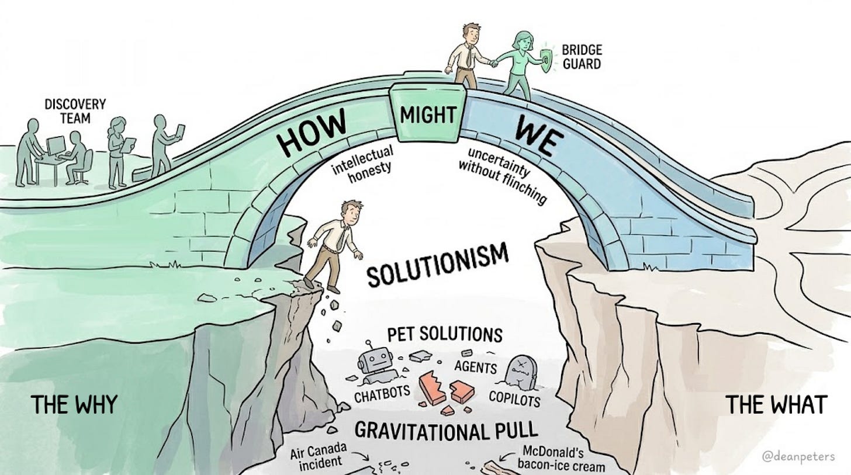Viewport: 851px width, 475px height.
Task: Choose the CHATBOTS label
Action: coord(383,395)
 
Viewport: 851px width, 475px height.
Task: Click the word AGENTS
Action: coord(475,367)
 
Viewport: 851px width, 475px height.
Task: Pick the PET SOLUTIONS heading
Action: coord(445,335)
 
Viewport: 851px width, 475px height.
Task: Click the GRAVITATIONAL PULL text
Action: coord(446,431)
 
